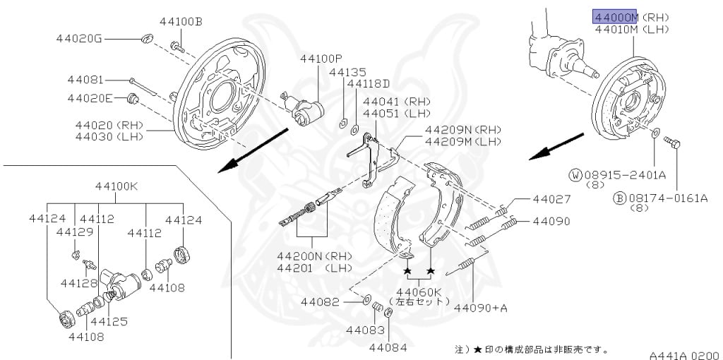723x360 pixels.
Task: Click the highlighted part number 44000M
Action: pyautogui.click(x=616, y=17)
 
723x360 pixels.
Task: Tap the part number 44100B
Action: pyautogui.click(x=181, y=22)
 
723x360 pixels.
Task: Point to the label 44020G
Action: pyautogui.click(x=79, y=38)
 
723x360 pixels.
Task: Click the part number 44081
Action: pyautogui.click(x=85, y=80)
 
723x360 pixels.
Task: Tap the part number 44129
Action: pyautogui.click(x=74, y=232)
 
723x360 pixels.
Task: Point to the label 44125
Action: pyautogui.click(x=109, y=321)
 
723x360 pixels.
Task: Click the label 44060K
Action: pyautogui.click(x=418, y=291)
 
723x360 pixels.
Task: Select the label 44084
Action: pyautogui.click(x=388, y=347)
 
